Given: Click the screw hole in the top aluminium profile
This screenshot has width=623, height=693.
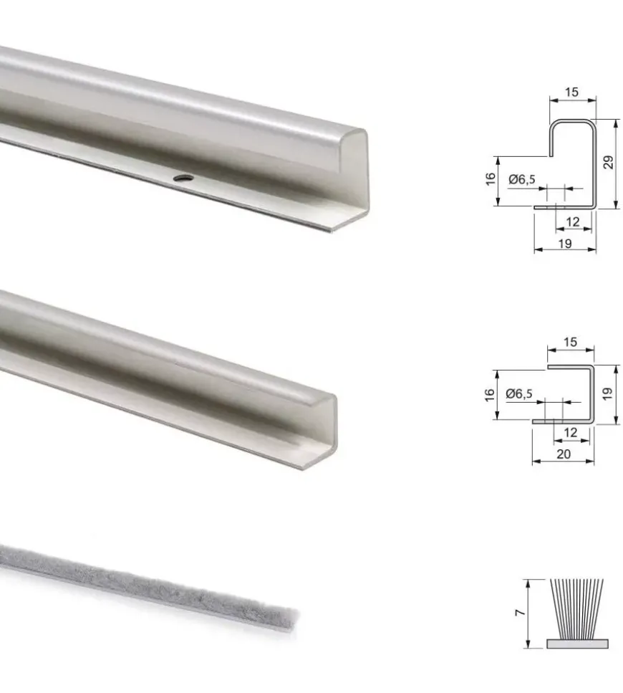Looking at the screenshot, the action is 183,178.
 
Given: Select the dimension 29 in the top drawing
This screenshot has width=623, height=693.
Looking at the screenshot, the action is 609,162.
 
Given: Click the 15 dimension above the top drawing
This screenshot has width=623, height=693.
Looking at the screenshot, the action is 571,92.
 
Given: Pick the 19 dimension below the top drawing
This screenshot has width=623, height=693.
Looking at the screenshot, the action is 565,243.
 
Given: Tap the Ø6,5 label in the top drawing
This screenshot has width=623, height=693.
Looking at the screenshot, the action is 522,179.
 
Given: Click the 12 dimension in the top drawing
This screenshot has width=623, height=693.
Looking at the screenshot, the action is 572,221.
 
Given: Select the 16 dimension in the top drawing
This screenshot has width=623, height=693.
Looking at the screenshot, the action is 491,179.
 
